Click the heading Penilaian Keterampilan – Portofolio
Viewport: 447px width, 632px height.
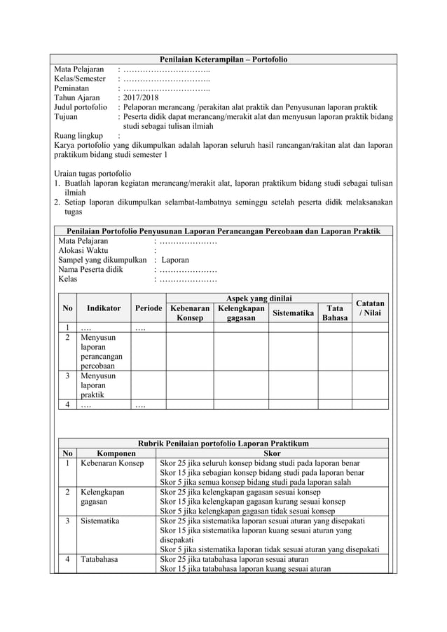[223, 60]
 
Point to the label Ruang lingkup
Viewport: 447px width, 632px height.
[78, 137]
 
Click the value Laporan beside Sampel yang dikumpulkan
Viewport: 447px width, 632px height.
[174, 259]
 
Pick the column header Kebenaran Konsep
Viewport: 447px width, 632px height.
[190, 313]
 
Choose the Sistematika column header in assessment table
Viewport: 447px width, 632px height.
[293, 313]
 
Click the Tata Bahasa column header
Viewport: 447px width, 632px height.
[333, 313]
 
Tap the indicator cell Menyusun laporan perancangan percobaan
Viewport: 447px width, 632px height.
[103, 351]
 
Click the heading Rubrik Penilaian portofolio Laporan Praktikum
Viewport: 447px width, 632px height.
[222, 444]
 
